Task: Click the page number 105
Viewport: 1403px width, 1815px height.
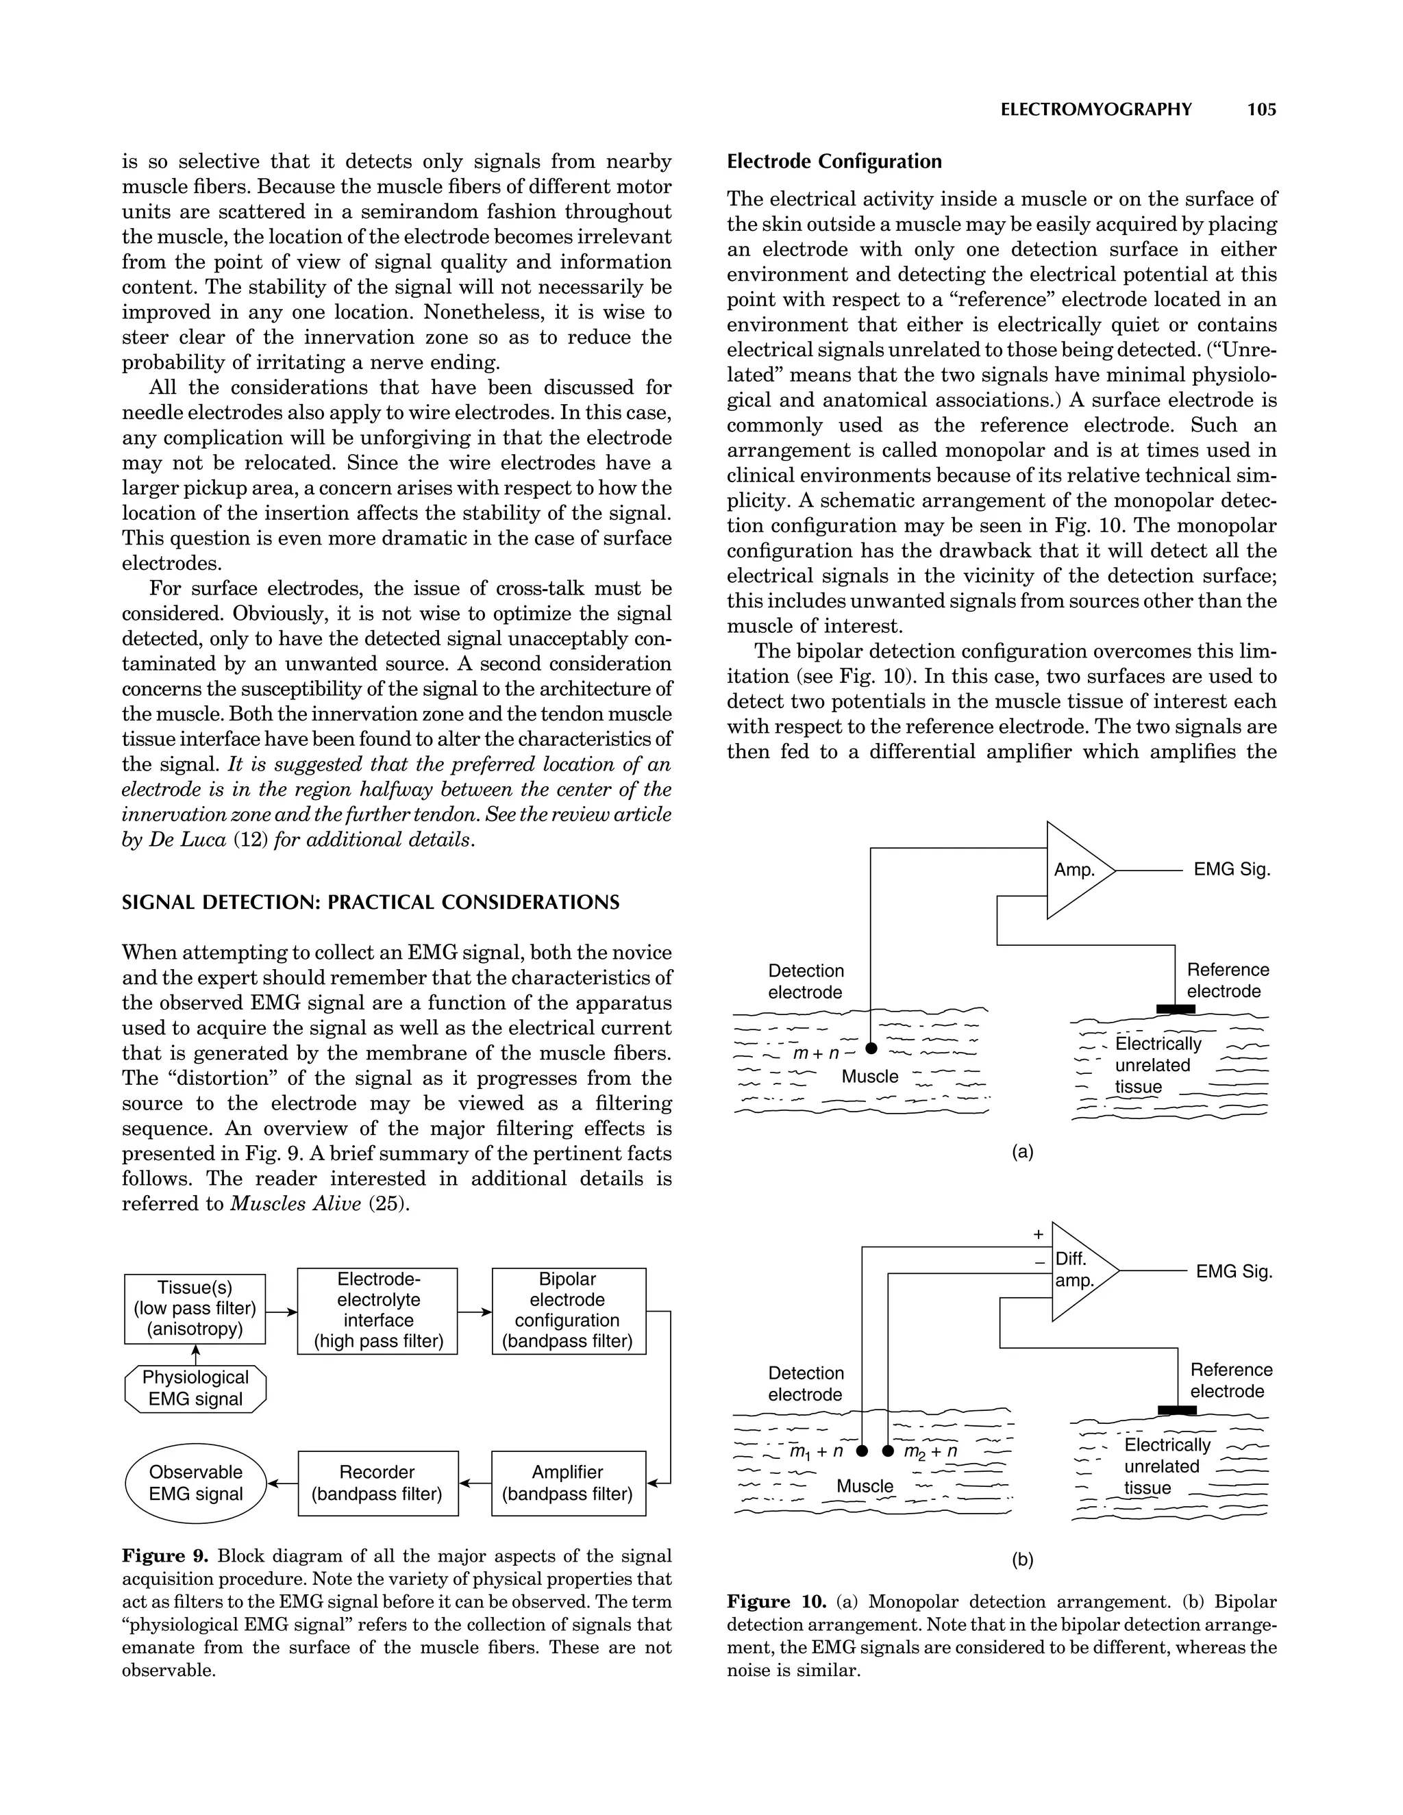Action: coord(1261,110)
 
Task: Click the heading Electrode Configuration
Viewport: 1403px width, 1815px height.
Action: coord(834,161)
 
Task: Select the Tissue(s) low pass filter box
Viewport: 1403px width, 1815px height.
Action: coord(195,1308)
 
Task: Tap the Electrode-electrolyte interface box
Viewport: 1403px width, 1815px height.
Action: coord(377,1310)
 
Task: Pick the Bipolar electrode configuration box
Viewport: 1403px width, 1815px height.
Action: coord(569,1310)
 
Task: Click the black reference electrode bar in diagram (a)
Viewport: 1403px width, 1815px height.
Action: coord(1176,1009)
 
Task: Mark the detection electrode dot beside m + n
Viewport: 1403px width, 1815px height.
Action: coord(870,1048)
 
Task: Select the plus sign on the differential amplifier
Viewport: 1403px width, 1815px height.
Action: coord(1038,1235)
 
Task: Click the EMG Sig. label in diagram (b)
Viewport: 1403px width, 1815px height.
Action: coord(1233,1271)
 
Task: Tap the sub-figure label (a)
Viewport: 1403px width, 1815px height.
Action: coord(1022,1152)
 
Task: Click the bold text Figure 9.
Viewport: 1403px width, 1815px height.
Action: coord(164,1555)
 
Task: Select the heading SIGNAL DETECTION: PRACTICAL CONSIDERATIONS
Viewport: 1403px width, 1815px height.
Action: coord(371,903)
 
